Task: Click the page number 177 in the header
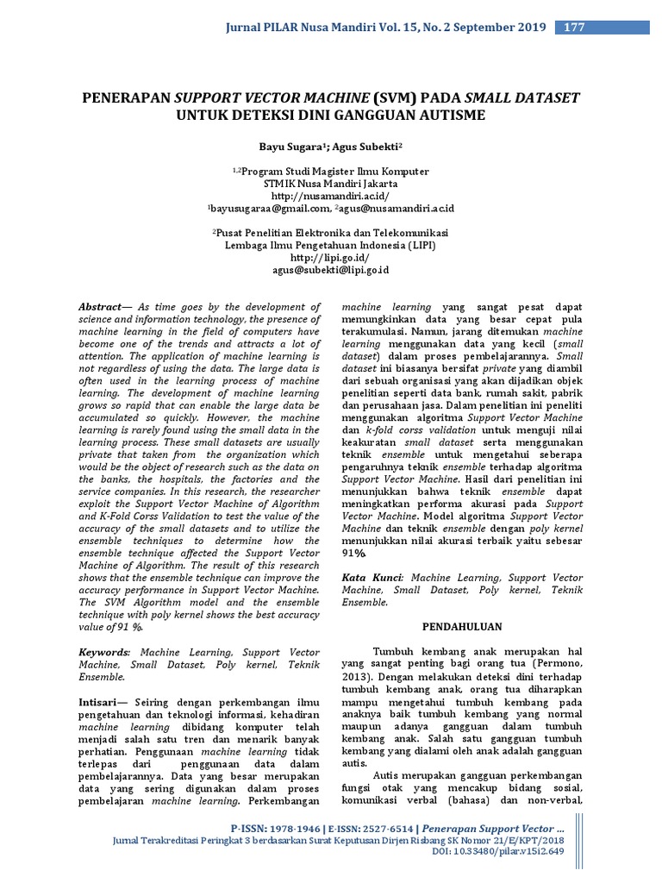574,28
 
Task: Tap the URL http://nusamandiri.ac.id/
330,196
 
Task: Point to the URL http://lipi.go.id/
330,257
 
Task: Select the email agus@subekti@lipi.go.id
331,270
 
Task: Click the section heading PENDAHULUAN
462,626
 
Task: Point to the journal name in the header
385,28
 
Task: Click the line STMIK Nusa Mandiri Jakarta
330,184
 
